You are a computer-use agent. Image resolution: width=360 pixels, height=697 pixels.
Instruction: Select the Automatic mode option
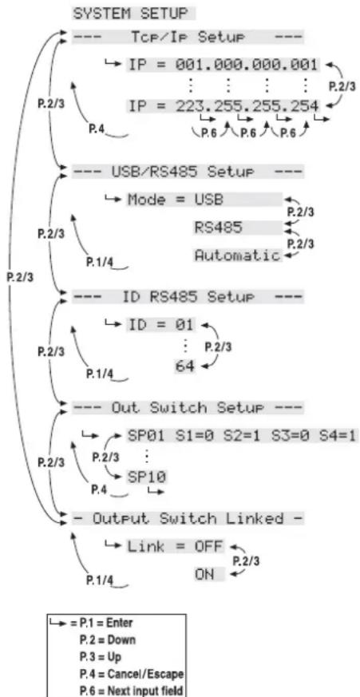coord(235,255)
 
